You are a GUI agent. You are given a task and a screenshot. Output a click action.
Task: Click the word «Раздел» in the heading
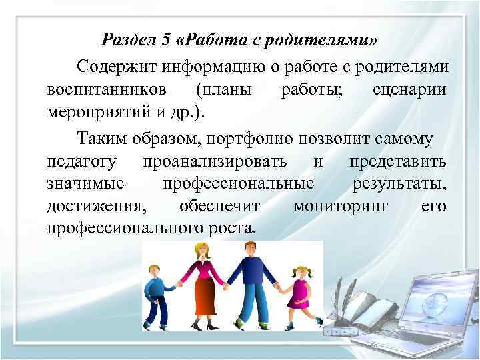pyautogui.click(x=129, y=40)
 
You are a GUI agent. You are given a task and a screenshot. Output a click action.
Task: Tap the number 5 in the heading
pyautogui.click(x=167, y=40)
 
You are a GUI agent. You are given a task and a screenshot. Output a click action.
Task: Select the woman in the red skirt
pyautogui.click(x=201, y=283)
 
